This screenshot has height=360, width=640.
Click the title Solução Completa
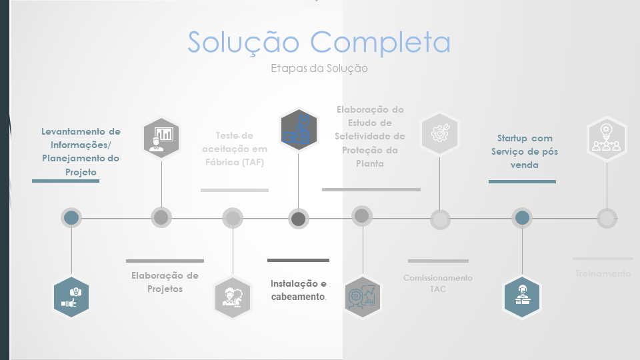[x=319, y=42]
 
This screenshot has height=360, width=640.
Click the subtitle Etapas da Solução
[x=319, y=68]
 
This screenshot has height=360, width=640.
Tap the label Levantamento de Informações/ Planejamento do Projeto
[x=81, y=151]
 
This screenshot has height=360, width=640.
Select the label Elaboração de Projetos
[x=165, y=282]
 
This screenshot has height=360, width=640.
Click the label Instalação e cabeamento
[x=298, y=290]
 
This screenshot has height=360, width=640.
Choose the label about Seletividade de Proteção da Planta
[x=370, y=136]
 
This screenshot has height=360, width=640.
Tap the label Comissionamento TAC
[x=438, y=283]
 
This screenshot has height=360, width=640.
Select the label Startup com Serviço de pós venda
[x=525, y=151]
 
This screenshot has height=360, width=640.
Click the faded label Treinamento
[x=603, y=273]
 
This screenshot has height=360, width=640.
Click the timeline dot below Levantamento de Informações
[x=71, y=218]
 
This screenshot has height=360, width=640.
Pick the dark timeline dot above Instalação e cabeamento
[x=299, y=219]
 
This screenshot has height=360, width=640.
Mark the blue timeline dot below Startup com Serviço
[x=522, y=218]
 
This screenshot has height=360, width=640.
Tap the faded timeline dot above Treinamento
[x=607, y=218]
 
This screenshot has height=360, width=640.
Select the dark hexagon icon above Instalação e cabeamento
[x=298, y=130]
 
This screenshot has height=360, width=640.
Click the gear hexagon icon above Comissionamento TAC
[x=439, y=133]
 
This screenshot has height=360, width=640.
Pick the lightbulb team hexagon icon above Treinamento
[x=607, y=139]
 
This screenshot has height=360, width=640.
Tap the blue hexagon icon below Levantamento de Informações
[x=71, y=297]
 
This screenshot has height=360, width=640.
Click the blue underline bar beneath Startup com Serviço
[x=522, y=181]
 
